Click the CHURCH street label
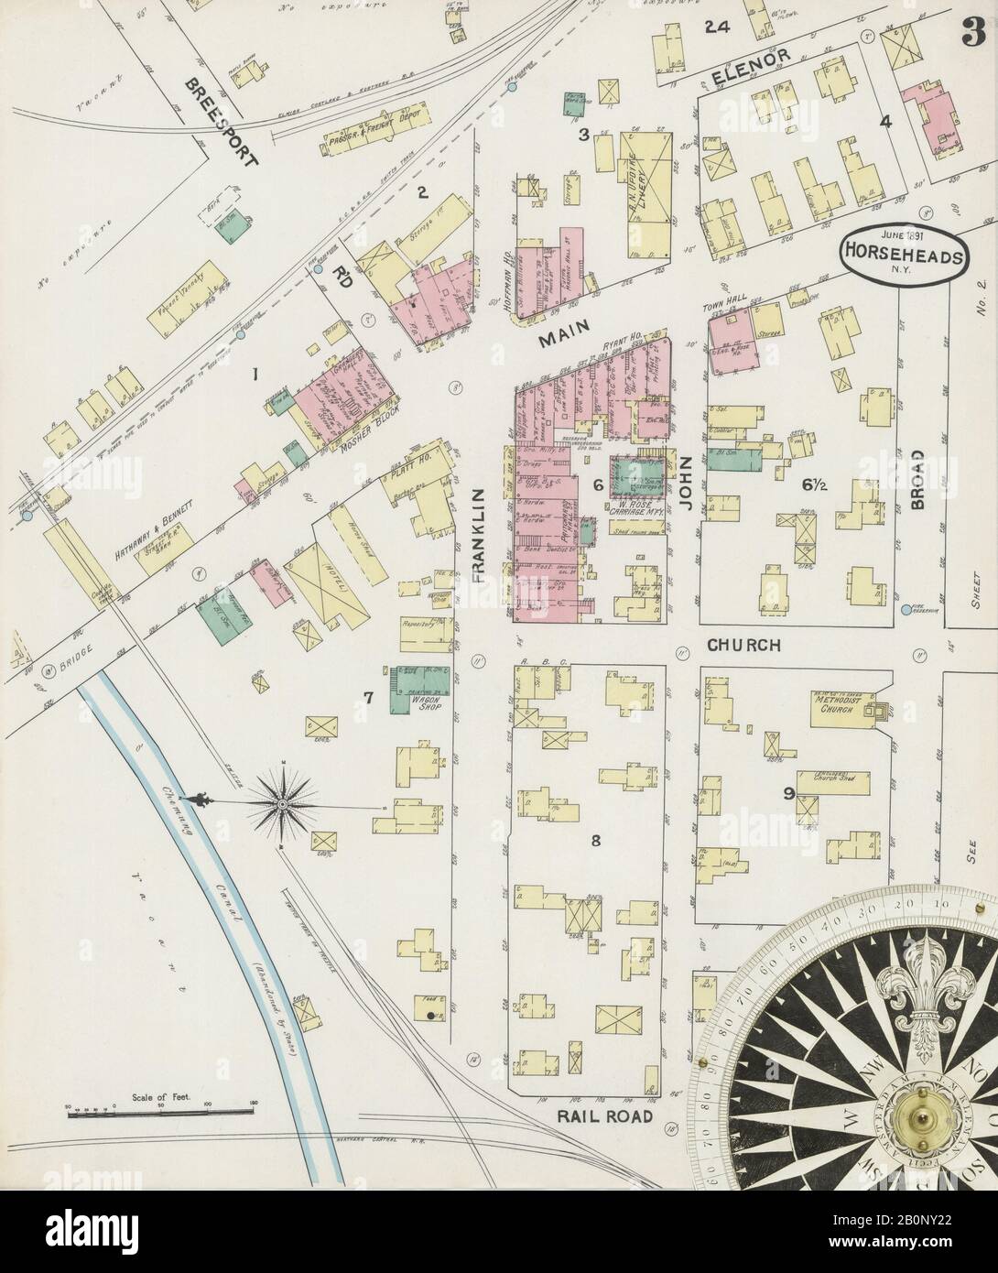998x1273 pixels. pyautogui.click(x=743, y=645)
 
